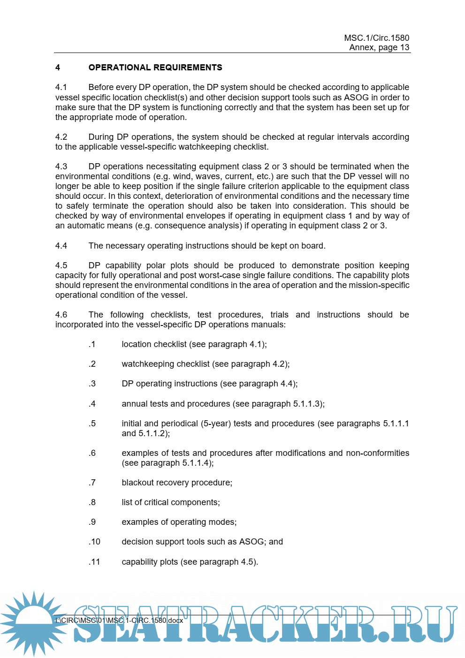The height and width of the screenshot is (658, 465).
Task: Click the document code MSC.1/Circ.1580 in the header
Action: click(x=376, y=38)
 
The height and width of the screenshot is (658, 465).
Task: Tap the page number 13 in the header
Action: click(x=404, y=47)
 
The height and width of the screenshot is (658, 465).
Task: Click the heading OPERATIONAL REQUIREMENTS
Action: click(x=155, y=68)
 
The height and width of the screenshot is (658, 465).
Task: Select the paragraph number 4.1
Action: click(x=61, y=87)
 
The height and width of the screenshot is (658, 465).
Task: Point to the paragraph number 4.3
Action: click(x=61, y=166)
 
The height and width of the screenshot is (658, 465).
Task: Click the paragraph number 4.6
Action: click(x=61, y=315)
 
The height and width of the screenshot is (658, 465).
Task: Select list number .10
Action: click(x=94, y=542)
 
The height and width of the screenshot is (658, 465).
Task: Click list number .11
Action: click(x=94, y=562)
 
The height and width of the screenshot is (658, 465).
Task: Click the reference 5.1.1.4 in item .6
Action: click(x=196, y=463)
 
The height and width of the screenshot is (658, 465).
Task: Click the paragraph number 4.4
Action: click(x=61, y=246)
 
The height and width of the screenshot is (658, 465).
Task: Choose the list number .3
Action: click(x=92, y=384)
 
